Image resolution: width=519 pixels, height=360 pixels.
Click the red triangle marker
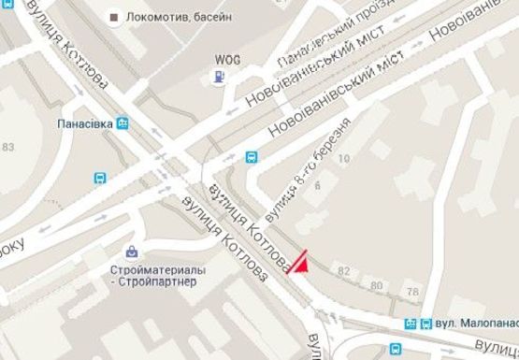300,264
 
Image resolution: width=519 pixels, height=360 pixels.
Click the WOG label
222,57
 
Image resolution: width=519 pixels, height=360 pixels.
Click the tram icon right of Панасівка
123,122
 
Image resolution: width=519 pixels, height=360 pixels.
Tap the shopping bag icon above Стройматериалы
133,252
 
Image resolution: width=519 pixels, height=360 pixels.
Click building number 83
9,148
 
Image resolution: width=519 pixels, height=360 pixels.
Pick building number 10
342,160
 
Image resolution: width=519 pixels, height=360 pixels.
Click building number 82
344,271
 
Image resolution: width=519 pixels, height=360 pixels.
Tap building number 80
376,285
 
